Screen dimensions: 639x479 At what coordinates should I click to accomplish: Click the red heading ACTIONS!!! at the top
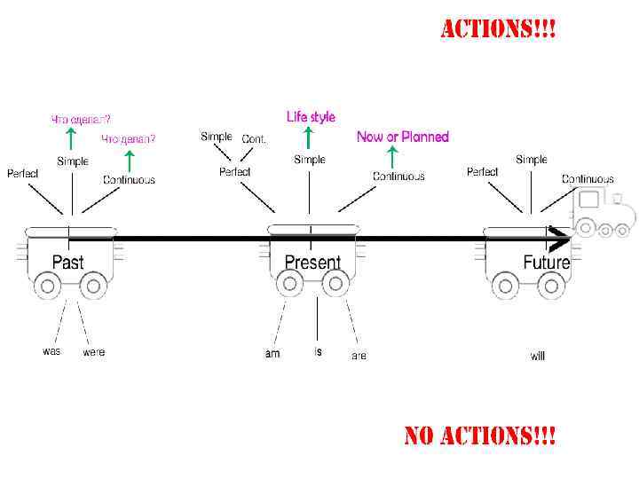499,29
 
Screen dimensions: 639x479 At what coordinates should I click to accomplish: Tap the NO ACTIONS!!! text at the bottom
480,436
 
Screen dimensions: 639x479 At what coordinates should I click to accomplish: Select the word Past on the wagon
68,262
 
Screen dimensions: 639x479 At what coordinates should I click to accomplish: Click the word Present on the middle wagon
312,263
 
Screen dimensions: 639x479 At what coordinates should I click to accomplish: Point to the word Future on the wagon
546,263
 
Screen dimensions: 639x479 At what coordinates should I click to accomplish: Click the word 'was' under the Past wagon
51,351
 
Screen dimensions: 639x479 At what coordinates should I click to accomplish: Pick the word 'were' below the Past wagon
93,352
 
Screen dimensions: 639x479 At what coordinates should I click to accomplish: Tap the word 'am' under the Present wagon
272,353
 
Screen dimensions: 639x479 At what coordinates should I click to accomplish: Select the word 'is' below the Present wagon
319,351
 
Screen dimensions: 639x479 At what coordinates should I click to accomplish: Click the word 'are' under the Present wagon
359,356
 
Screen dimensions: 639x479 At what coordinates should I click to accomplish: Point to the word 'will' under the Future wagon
538,356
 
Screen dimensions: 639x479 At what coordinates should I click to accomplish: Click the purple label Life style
311,116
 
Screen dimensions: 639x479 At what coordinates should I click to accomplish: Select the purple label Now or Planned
403,137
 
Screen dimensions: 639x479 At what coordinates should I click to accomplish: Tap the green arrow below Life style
308,137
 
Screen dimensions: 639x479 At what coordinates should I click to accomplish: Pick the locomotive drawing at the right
604,214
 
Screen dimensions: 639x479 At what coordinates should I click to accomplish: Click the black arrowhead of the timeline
559,239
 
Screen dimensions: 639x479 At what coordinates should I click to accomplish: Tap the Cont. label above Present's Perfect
254,139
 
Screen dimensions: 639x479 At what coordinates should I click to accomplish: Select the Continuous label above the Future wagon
588,179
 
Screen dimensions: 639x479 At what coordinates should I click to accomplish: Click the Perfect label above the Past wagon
23,173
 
